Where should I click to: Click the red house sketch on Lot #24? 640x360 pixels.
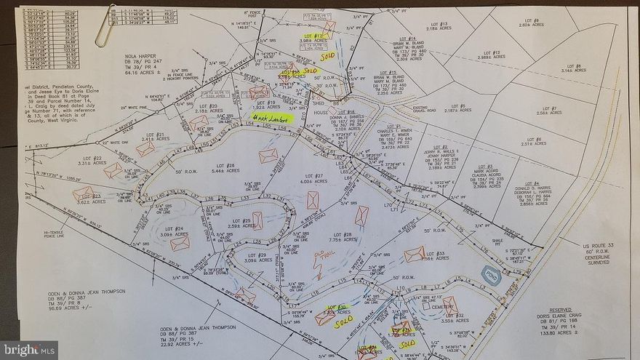point(179,244)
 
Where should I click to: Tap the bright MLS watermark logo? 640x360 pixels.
point(29,350)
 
